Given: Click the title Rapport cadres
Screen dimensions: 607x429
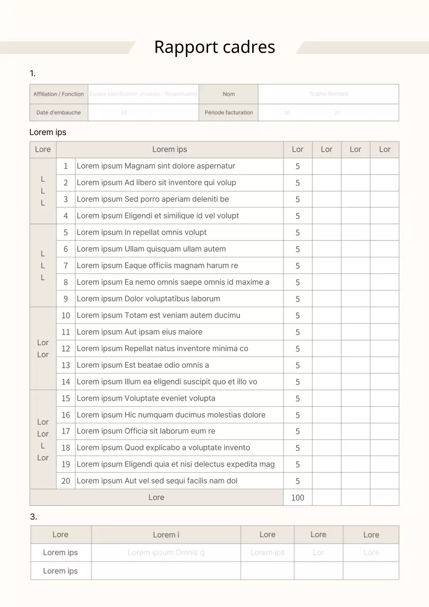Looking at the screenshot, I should click(x=214, y=47).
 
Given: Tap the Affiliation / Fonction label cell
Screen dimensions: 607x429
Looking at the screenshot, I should click(x=59, y=94).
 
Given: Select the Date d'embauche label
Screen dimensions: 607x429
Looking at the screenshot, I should click(x=59, y=112).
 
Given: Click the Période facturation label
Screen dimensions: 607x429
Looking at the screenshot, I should click(x=228, y=112).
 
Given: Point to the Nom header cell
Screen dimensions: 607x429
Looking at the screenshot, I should click(x=228, y=94).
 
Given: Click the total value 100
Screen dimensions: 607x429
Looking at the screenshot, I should click(x=298, y=497).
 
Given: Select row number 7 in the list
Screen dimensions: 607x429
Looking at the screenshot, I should click(x=66, y=266).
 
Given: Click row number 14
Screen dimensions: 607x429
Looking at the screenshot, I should click(x=66, y=382).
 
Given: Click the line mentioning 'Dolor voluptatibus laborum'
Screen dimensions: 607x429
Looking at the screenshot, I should click(x=148, y=299).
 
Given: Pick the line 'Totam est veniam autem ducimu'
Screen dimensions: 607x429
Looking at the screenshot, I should click(x=158, y=315).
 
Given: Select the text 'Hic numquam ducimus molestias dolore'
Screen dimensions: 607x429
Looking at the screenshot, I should click(x=171, y=415).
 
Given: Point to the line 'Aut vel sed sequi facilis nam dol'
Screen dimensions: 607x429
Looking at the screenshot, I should click(x=157, y=481).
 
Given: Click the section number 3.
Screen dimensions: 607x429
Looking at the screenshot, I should click(x=33, y=517).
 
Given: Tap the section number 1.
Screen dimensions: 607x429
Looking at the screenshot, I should click(x=32, y=74).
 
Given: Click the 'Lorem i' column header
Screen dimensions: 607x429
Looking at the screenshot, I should click(x=166, y=535).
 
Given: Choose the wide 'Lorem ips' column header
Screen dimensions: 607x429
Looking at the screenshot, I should click(x=170, y=149).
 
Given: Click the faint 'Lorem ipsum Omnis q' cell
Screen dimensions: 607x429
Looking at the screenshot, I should click(x=166, y=552).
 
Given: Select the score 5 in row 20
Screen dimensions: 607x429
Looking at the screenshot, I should click(x=298, y=481).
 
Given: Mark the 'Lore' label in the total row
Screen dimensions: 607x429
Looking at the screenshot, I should click(x=156, y=497).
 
